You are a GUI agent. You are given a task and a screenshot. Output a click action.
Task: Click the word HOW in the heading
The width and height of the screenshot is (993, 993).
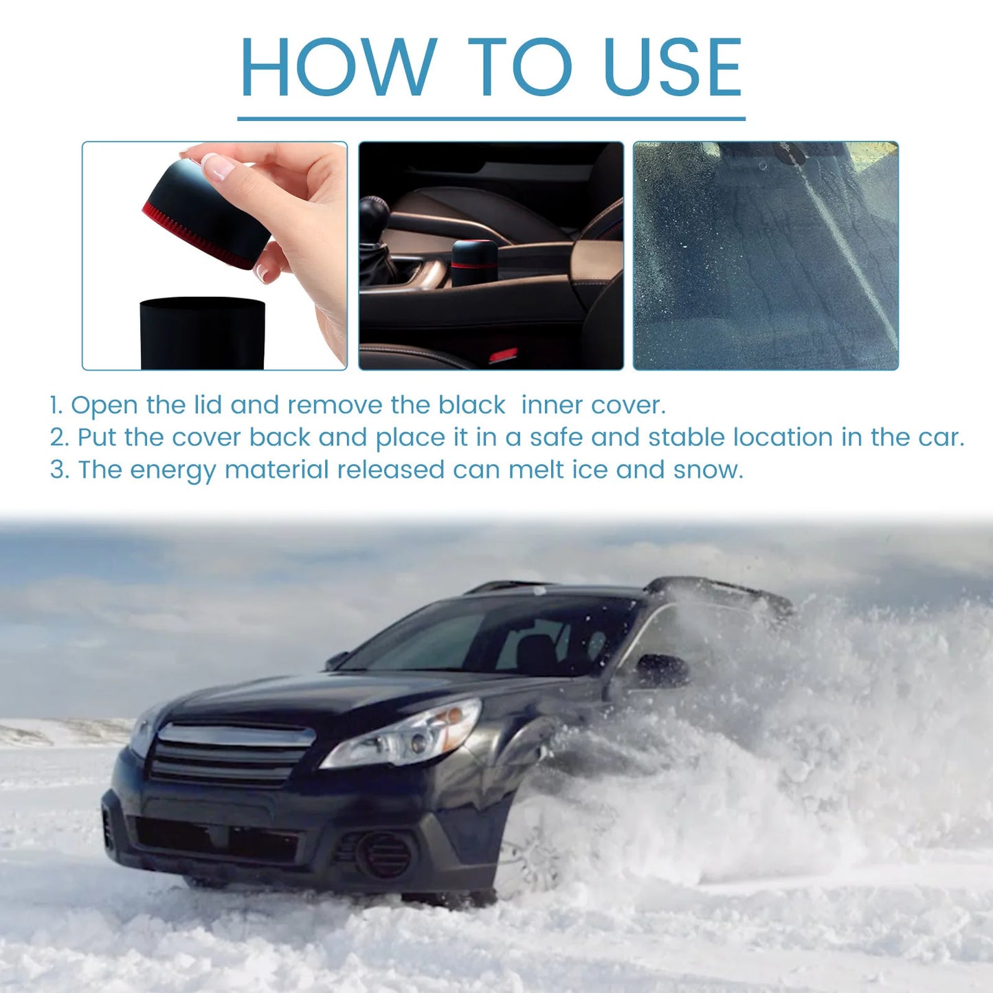[x=337, y=67]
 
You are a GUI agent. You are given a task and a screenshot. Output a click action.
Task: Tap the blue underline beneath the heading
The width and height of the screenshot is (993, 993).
[x=491, y=119]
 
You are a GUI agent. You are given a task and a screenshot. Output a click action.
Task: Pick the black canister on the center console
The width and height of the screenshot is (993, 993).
[x=474, y=263]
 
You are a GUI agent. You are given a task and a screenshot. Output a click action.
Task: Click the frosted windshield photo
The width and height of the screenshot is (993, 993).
[x=765, y=256]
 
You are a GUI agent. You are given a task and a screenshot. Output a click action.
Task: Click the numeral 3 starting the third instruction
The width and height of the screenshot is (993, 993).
[x=58, y=470]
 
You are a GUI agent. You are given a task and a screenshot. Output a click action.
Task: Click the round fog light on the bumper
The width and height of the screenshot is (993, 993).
[x=384, y=854]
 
